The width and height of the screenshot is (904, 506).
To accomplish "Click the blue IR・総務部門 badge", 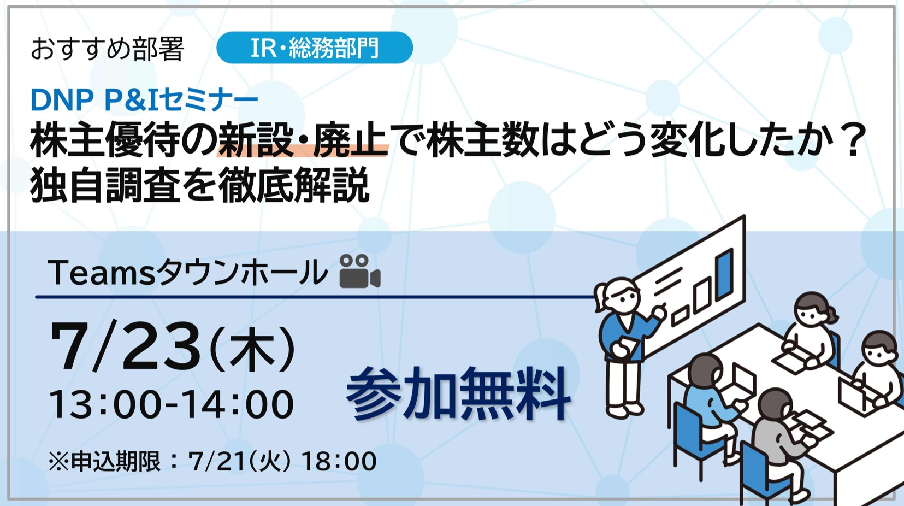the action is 315,48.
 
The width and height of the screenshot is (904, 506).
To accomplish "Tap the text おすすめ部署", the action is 108,49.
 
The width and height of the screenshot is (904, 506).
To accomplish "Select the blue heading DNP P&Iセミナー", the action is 144,99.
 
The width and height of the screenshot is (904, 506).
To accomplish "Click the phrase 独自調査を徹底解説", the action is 200,185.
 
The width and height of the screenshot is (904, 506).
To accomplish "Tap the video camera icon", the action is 359,271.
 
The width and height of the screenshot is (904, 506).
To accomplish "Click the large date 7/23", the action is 125,346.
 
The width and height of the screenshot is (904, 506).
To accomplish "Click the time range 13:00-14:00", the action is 171,404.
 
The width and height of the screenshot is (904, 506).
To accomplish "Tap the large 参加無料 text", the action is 458,393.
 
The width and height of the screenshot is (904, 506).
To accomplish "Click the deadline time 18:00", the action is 339,461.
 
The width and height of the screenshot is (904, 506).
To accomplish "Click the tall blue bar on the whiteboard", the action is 724,274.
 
